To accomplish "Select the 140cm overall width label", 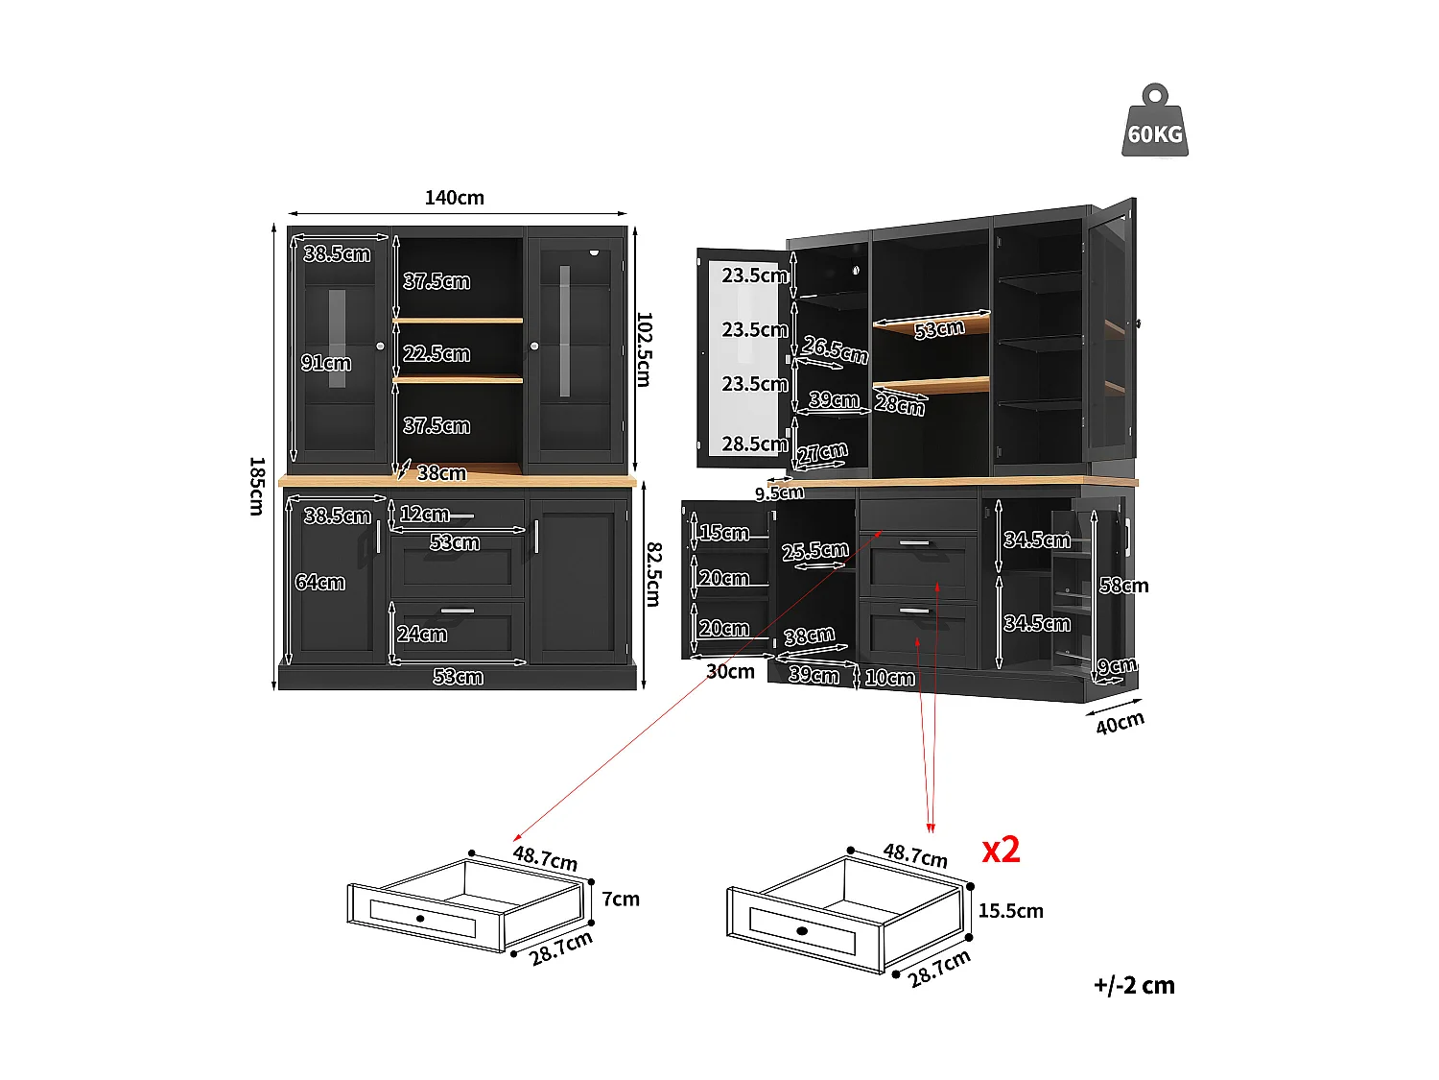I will tap(455, 198).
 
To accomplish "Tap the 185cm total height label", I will tap(256, 486).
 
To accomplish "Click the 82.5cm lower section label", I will tap(652, 574).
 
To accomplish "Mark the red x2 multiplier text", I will tap(1001, 850).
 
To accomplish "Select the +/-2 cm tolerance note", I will tap(1134, 985).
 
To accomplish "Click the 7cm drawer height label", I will tap(621, 899).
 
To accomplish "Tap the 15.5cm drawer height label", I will tap(1010, 910).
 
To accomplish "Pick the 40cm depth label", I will tap(1120, 722).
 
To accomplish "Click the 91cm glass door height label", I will tap(326, 363).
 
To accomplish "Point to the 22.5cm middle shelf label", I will tap(436, 353).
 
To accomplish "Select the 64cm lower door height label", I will tap(319, 582).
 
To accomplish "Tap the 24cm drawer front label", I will tap(422, 634).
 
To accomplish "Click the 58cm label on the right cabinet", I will tap(1123, 586).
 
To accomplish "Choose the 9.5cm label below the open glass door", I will tap(779, 492).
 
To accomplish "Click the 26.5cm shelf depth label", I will tap(836, 349).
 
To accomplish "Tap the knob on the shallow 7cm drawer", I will tap(420, 919).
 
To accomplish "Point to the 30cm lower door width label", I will tap(730, 671).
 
